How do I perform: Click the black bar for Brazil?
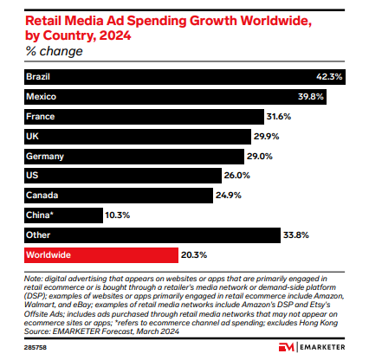point(173,76)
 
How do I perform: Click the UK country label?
point(33,136)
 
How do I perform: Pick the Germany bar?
point(130,156)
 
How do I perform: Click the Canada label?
point(41,196)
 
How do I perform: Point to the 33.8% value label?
point(295,235)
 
